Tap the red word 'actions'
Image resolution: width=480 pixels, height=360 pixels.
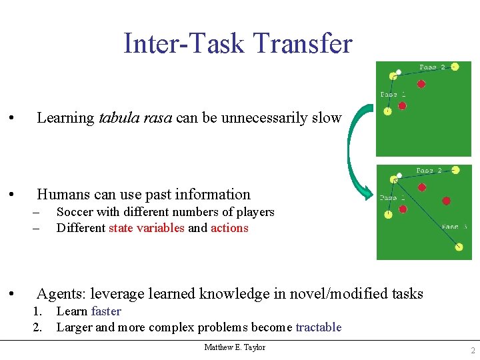[229, 228]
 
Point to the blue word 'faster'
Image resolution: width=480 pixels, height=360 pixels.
[106, 311]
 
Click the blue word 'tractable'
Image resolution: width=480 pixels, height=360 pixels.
[318, 327]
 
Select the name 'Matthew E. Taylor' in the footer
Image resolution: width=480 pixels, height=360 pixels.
[235, 347]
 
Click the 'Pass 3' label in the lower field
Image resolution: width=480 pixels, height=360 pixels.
[455, 227]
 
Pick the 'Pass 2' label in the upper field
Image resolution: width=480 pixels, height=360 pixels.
[432, 67]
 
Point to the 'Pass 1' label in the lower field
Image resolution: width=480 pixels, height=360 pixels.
[392, 197]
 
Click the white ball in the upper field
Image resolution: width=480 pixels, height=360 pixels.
[399, 72]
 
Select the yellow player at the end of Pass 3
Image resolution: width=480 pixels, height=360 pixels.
[459, 247]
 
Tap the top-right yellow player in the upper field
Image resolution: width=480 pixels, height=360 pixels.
[455, 67]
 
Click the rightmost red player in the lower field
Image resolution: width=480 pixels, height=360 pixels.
[446, 201]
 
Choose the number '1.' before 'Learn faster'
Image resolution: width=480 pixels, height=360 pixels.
[38, 311]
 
